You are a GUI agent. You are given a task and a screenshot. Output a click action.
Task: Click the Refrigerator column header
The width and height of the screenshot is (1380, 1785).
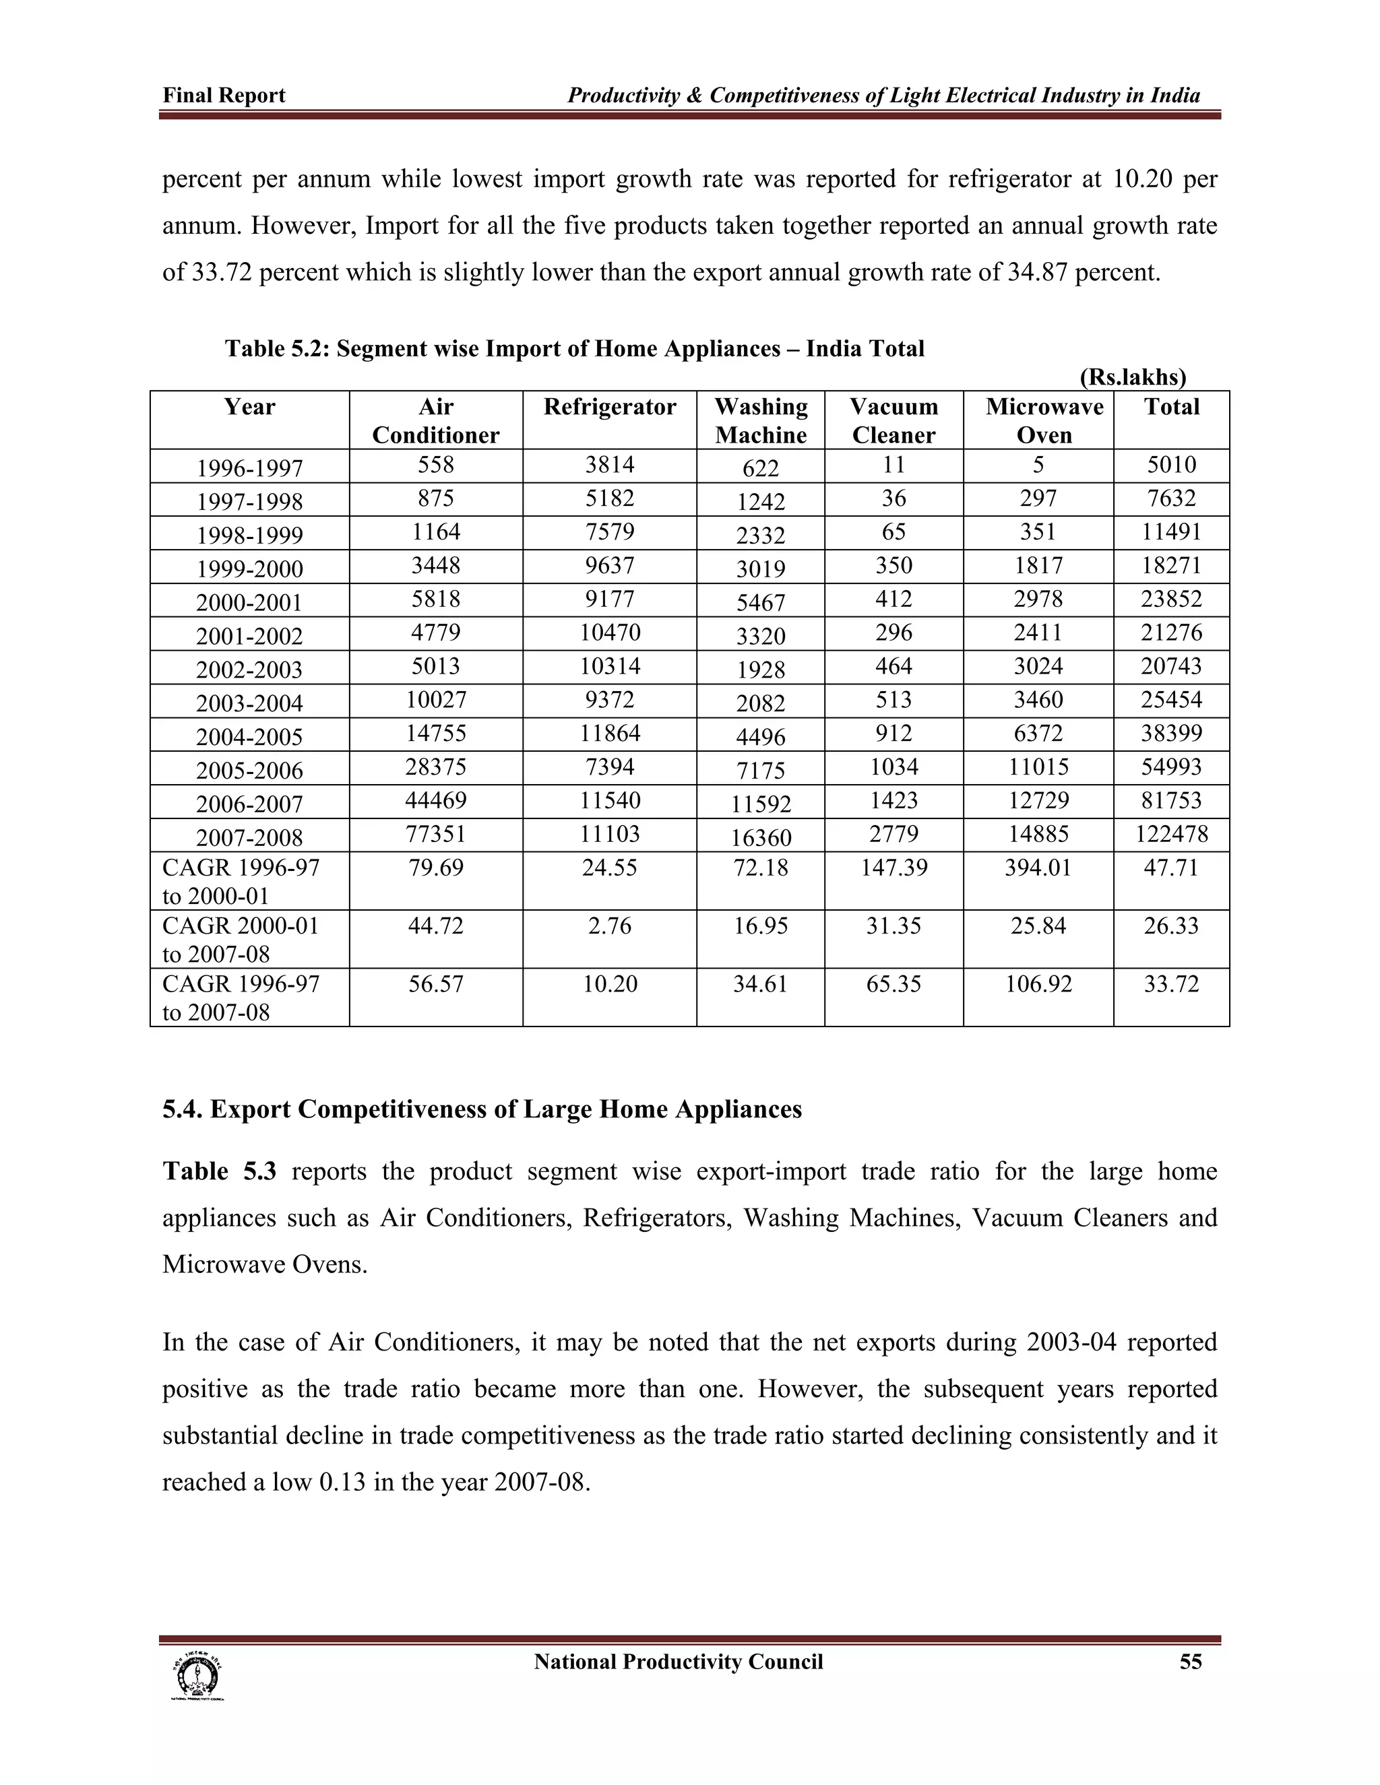click(609, 407)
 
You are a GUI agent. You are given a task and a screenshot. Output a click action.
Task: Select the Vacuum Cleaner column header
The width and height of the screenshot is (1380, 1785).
click(893, 420)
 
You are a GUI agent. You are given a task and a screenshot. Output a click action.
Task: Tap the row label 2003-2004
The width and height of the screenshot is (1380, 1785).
click(249, 703)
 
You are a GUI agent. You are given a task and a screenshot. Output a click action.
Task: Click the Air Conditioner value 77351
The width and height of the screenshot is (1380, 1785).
click(436, 834)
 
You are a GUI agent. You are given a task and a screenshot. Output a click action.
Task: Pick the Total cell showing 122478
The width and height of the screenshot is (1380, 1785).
click(1172, 834)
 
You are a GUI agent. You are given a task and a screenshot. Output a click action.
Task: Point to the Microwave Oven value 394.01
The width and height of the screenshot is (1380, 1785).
click(1038, 867)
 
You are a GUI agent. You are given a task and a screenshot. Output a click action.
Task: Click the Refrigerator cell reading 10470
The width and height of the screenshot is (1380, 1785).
click(609, 632)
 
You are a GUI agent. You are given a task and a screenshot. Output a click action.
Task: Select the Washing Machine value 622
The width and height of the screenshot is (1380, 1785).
click(760, 468)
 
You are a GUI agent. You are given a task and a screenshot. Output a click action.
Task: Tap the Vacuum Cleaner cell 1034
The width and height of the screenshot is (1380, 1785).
click(893, 767)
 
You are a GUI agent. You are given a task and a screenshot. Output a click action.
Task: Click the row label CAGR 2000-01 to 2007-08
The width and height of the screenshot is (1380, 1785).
click(241, 939)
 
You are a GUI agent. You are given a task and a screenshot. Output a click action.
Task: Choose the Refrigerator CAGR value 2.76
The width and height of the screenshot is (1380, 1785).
click(609, 926)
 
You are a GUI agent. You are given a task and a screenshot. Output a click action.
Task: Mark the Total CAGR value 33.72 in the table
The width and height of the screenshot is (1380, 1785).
click(1172, 983)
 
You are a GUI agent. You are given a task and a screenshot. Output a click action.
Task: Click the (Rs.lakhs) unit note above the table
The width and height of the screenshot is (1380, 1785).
click(1132, 377)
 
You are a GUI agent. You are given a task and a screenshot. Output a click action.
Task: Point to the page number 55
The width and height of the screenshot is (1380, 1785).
click(1191, 1662)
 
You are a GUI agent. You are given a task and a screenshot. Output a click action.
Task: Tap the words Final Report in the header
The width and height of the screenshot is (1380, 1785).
click(224, 96)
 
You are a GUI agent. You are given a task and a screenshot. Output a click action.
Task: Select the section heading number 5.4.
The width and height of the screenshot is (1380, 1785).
click(183, 1109)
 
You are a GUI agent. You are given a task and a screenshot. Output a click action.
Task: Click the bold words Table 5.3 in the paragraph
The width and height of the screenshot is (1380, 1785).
click(219, 1171)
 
